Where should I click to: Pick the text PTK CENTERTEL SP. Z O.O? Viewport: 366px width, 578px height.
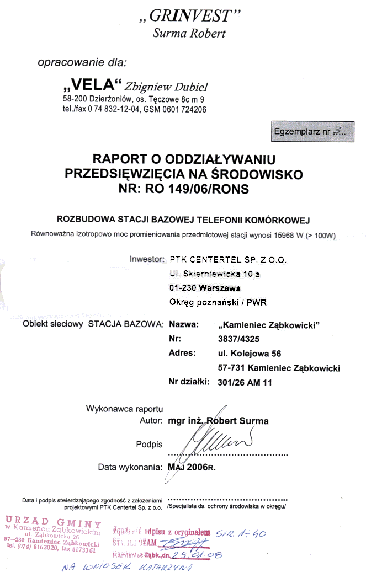[227, 259]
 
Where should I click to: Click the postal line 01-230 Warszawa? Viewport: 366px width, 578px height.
[205, 288]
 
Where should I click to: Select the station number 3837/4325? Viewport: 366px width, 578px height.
[241, 339]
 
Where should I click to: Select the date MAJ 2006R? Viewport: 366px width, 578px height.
[191, 467]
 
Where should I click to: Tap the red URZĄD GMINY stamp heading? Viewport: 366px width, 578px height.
[53, 523]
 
